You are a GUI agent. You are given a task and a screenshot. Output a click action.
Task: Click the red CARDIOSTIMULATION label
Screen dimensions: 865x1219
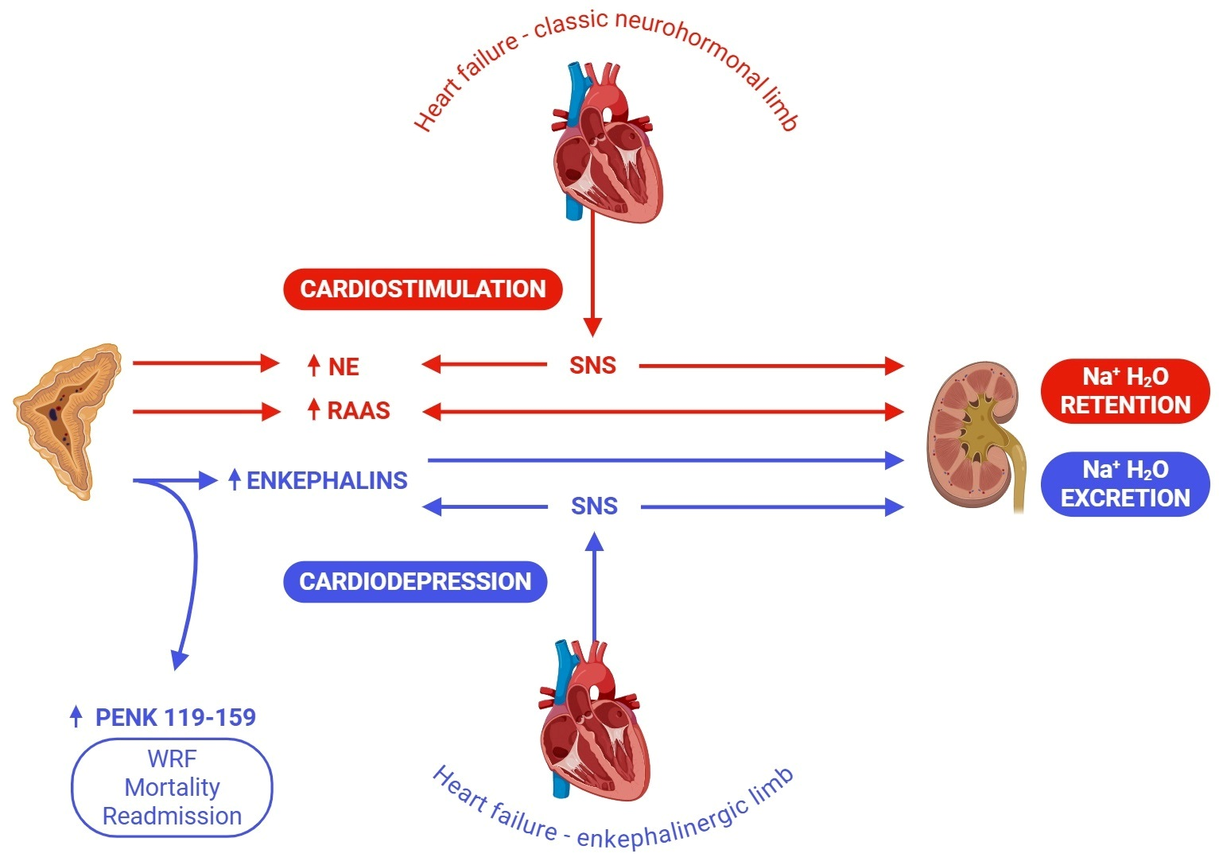click(x=423, y=289)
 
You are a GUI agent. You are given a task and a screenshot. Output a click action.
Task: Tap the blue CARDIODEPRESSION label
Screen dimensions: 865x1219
click(x=415, y=581)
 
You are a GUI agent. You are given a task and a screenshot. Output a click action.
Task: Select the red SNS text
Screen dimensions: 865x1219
click(x=592, y=366)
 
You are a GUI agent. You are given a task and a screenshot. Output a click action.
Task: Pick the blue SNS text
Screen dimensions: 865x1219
click(x=594, y=506)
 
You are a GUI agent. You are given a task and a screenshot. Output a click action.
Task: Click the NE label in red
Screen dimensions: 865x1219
click(x=344, y=367)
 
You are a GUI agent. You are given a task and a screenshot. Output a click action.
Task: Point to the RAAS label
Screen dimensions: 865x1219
click(x=359, y=411)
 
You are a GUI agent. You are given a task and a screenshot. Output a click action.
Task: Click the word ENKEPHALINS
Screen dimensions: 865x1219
click(x=327, y=480)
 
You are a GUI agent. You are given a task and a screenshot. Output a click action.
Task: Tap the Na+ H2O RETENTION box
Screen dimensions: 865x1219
click(x=1124, y=390)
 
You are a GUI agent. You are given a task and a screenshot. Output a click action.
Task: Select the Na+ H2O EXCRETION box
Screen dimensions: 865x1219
click(x=1124, y=483)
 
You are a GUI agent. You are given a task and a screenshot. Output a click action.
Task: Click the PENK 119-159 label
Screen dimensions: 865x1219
click(x=175, y=718)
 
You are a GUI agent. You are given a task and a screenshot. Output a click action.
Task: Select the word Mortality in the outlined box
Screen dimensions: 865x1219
click(x=172, y=787)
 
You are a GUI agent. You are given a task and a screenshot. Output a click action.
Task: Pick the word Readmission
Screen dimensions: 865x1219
click(x=172, y=816)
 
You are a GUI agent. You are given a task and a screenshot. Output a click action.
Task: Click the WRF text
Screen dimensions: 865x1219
click(x=172, y=758)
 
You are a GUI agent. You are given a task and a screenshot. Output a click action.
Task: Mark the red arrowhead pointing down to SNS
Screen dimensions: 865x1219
click(x=592, y=327)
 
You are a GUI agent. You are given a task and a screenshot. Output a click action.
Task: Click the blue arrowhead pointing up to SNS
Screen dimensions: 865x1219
click(x=594, y=542)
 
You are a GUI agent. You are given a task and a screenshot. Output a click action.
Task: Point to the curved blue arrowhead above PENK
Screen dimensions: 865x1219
click(x=181, y=659)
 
